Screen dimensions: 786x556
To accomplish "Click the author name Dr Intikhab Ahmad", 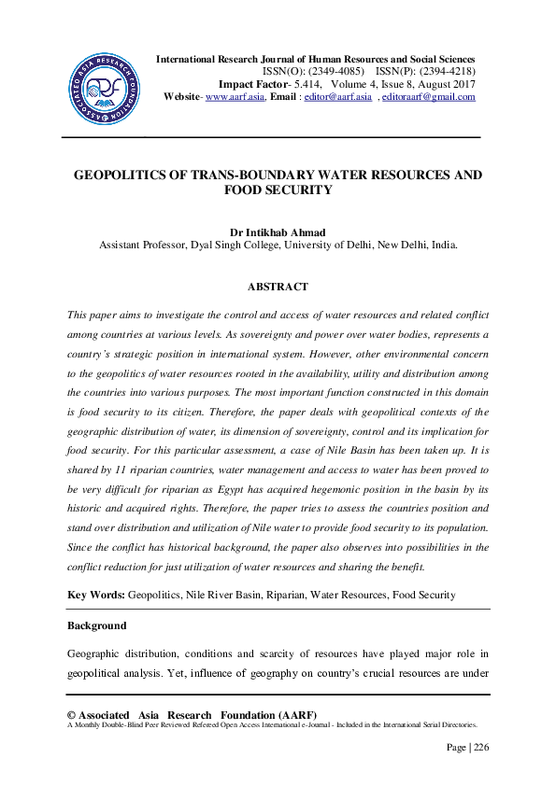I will click(x=278, y=232).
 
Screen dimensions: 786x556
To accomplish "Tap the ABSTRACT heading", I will click(x=278, y=287).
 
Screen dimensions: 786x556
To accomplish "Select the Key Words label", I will click(x=96, y=595).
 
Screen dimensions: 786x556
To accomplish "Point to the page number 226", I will click(x=479, y=747).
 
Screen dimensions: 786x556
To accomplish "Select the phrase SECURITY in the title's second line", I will click(x=299, y=189).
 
